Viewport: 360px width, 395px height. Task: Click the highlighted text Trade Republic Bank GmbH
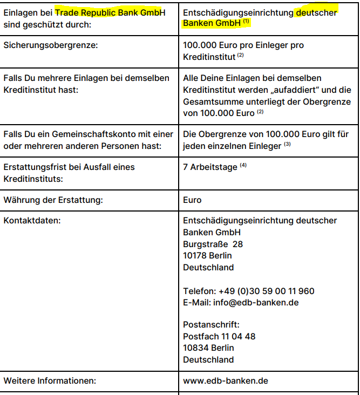click(x=111, y=12)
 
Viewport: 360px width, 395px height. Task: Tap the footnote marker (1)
click(x=246, y=22)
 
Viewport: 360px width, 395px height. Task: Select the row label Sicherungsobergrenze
click(x=51, y=45)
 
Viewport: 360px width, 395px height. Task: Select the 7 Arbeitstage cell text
click(x=210, y=167)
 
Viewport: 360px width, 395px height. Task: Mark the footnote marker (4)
click(x=243, y=166)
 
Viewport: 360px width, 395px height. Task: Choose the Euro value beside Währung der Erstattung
click(x=192, y=200)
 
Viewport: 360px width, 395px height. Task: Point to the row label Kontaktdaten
click(x=32, y=221)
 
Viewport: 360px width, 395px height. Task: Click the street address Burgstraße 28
click(x=213, y=244)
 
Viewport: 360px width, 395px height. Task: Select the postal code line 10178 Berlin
click(x=207, y=256)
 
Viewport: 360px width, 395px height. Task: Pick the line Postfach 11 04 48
click(x=219, y=336)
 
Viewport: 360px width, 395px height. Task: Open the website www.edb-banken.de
click(x=226, y=381)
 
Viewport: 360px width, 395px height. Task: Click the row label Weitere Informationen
click(x=50, y=381)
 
